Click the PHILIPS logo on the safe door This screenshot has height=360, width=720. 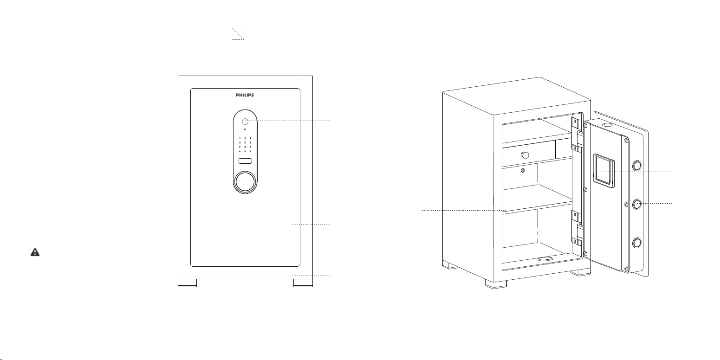[x=245, y=95]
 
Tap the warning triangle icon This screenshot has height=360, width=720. [x=35, y=252]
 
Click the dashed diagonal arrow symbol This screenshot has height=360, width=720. [x=238, y=34]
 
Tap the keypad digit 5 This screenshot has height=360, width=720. [x=245, y=142]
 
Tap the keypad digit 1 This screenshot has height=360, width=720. [x=240, y=138]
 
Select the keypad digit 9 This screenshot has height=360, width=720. [x=250, y=147]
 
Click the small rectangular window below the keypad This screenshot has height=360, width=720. [x=245, y=161]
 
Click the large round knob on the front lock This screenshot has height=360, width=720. [x=245, y=182]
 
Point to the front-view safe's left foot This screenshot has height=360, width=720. [x=188, y=283]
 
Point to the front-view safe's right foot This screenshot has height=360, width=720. [x=303, y=283]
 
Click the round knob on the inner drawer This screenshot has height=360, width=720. [x=525, y=155]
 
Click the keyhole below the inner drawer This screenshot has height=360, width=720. [x=523, y=171]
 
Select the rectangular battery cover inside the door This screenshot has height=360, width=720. [x=603, y=171]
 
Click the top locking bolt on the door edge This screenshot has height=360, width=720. [x=637, y=166]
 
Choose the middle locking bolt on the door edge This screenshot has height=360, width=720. [x=637, y=204]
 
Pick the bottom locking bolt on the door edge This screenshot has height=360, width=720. [x=637, y=243]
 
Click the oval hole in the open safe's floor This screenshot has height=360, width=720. [x=545, y=258]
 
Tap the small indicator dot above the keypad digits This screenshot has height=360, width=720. [x=245, y=130]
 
